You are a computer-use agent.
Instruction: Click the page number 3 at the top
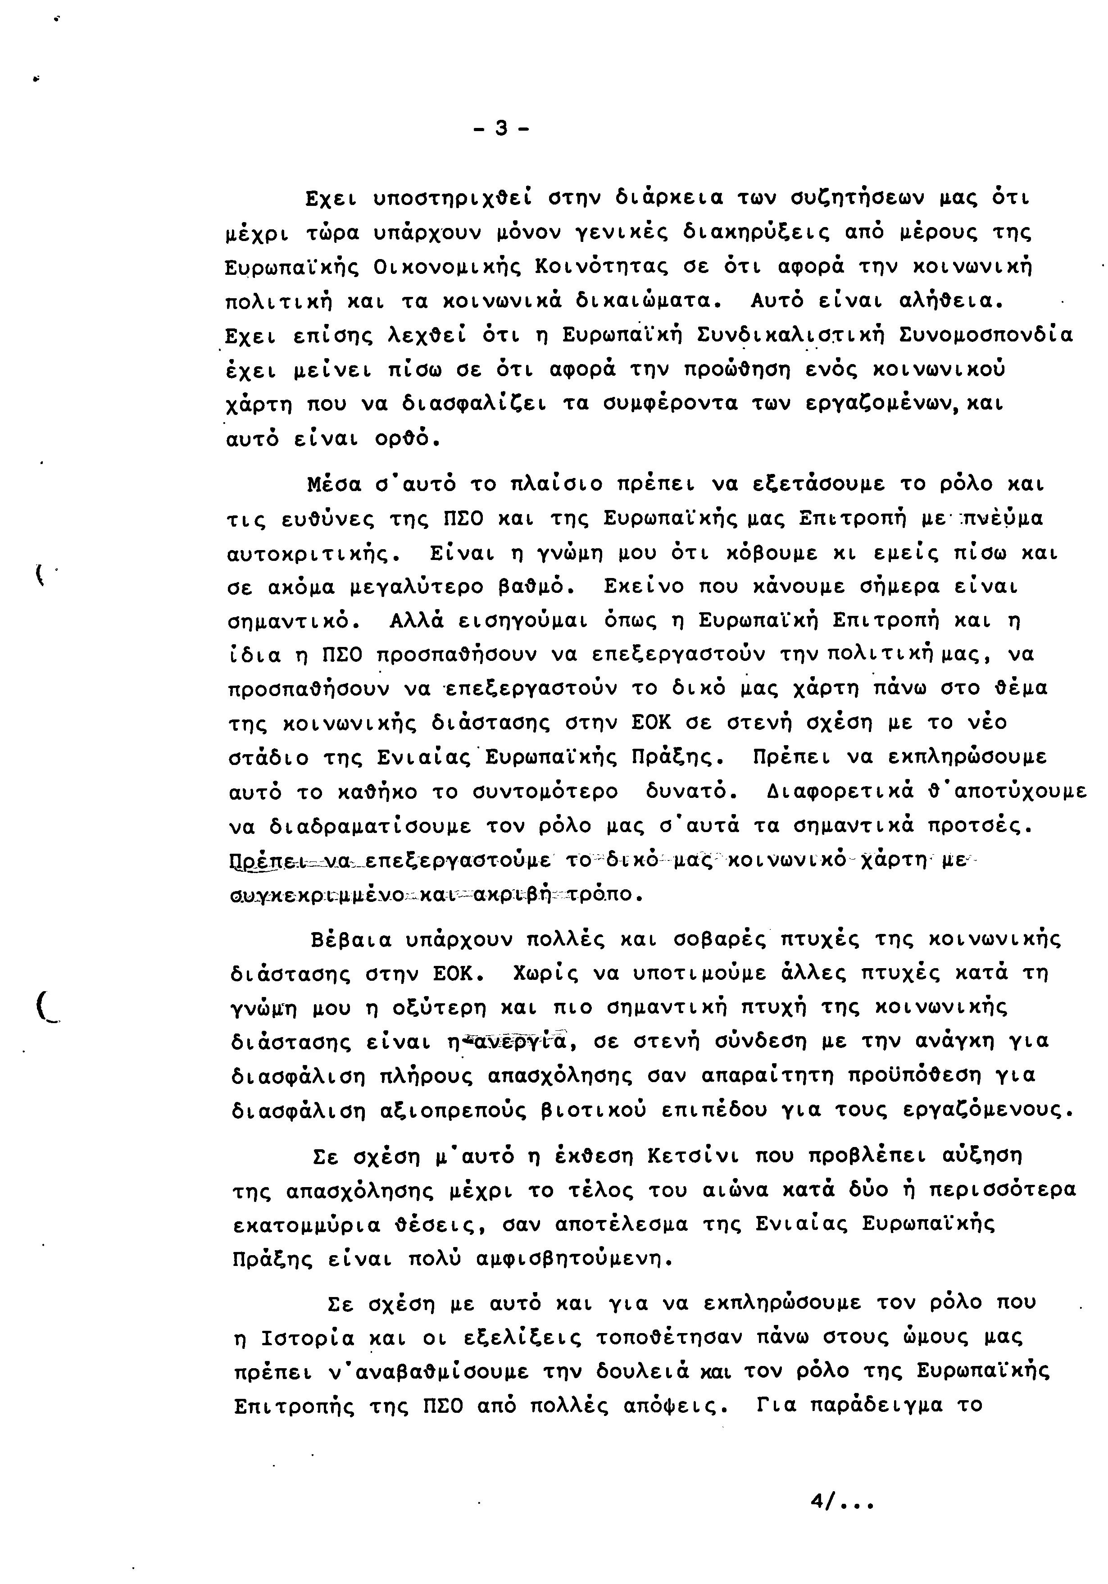point(502,128)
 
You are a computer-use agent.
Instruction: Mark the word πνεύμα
point(1002,519)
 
